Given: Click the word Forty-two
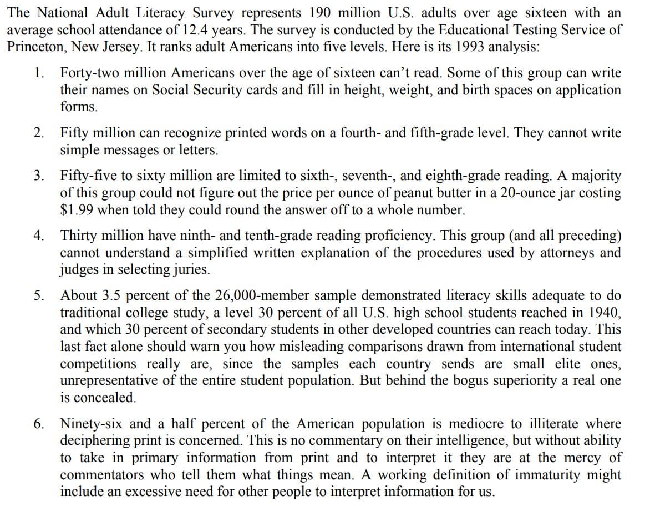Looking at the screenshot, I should click(x=87, y=73).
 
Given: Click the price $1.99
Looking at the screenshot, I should click(x=76, y=211).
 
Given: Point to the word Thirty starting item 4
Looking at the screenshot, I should click(x=77, y=236).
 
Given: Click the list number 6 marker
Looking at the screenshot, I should click(x=38, y=423).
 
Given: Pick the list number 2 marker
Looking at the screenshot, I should click(x=38, y=133).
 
